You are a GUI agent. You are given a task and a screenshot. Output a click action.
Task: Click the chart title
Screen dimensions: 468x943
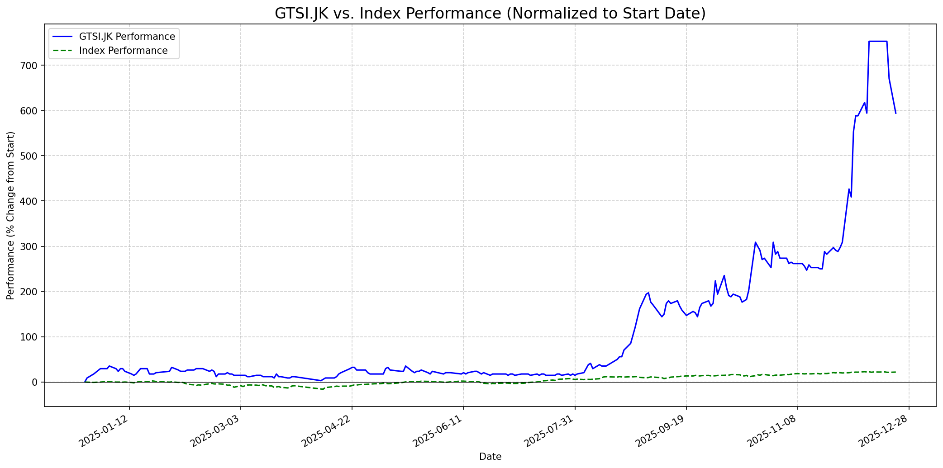(x=490, y=14)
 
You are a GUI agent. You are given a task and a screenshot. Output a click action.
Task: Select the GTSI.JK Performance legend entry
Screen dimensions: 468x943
(x=127, y=37)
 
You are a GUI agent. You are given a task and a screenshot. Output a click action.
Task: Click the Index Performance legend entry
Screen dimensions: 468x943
(x=123, y=51)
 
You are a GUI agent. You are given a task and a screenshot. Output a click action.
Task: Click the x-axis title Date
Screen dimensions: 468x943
(x=490, y=457)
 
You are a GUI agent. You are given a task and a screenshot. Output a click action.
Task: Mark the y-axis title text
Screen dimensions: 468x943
(x=11, y=215)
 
